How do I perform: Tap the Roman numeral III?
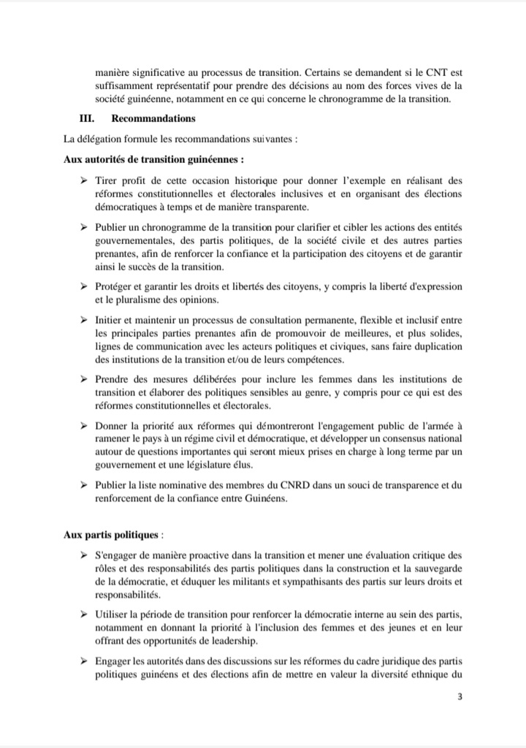point(87,118)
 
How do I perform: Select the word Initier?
point(109,320)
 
